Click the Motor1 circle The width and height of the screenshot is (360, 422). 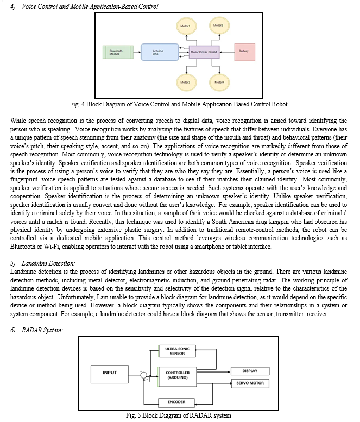point(186,27)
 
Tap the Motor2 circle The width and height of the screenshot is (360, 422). point(219,26)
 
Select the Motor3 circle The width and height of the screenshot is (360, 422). point(186,82)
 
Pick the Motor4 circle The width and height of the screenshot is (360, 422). point(219,82)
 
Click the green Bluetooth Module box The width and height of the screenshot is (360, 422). point(118,52)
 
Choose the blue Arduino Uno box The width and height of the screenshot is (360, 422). point(160,52)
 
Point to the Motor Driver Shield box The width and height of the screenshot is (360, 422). point(204,52)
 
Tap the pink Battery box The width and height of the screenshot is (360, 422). point(244,52)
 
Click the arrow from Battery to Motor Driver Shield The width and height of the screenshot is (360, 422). point(227,52)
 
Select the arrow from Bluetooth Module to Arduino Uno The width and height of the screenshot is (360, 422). point(137,52)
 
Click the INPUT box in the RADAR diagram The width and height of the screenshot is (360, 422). point(110,374)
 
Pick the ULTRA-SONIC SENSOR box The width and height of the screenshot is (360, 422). point(177,351)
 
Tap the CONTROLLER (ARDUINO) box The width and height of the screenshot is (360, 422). point(178,376)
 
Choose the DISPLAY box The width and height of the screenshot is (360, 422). point(250,371)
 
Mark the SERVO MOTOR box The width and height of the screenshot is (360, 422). point(250,383)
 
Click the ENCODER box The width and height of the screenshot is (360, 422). point(176,402)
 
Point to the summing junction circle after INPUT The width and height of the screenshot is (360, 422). point(144,375)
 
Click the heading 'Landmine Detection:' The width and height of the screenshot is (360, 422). point(48,263)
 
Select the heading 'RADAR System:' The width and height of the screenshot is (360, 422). point(42,330)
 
